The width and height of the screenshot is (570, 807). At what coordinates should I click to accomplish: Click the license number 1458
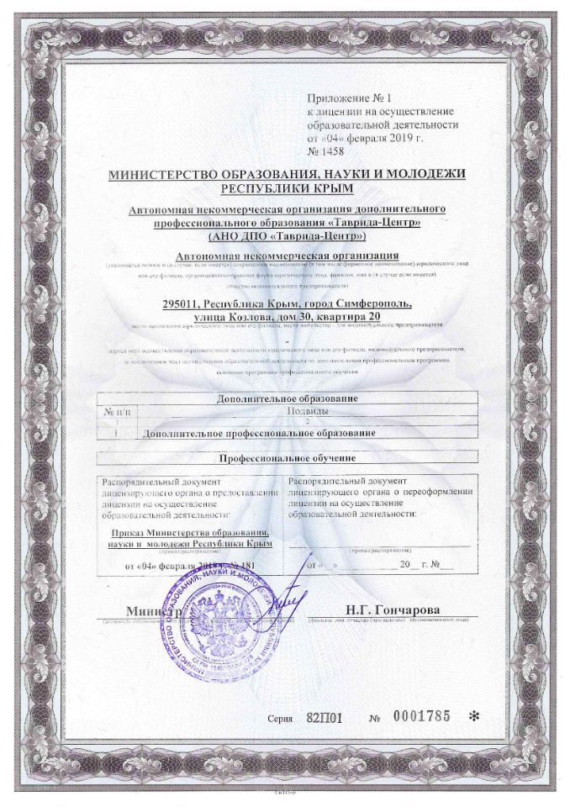click(329, 152)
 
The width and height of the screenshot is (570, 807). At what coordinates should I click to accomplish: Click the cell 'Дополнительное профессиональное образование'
click(260, 433)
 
